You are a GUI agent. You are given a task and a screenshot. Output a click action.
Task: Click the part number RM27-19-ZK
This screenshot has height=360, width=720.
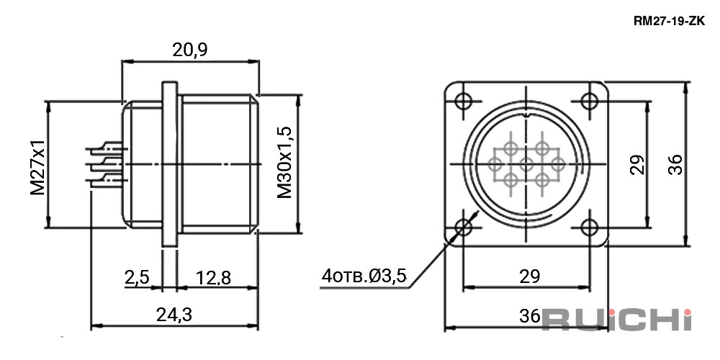(x=669, y=21)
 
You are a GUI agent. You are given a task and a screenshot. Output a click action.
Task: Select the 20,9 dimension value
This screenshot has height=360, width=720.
(x=189, y=50)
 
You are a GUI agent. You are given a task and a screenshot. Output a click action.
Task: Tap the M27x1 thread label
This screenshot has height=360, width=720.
(x=38, y=167)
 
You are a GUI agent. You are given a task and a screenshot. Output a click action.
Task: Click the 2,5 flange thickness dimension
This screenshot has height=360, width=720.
(x=137, y=277)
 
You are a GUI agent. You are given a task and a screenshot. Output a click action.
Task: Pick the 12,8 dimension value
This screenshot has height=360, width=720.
(x=213, y=277)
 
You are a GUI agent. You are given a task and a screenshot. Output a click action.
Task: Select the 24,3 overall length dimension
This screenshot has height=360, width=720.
(x=174, y=315)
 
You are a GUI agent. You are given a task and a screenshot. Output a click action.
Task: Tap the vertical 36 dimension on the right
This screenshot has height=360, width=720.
(x=675, y=164)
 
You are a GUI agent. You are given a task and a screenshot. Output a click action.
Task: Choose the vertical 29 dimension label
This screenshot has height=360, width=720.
(x=637, y=164)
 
